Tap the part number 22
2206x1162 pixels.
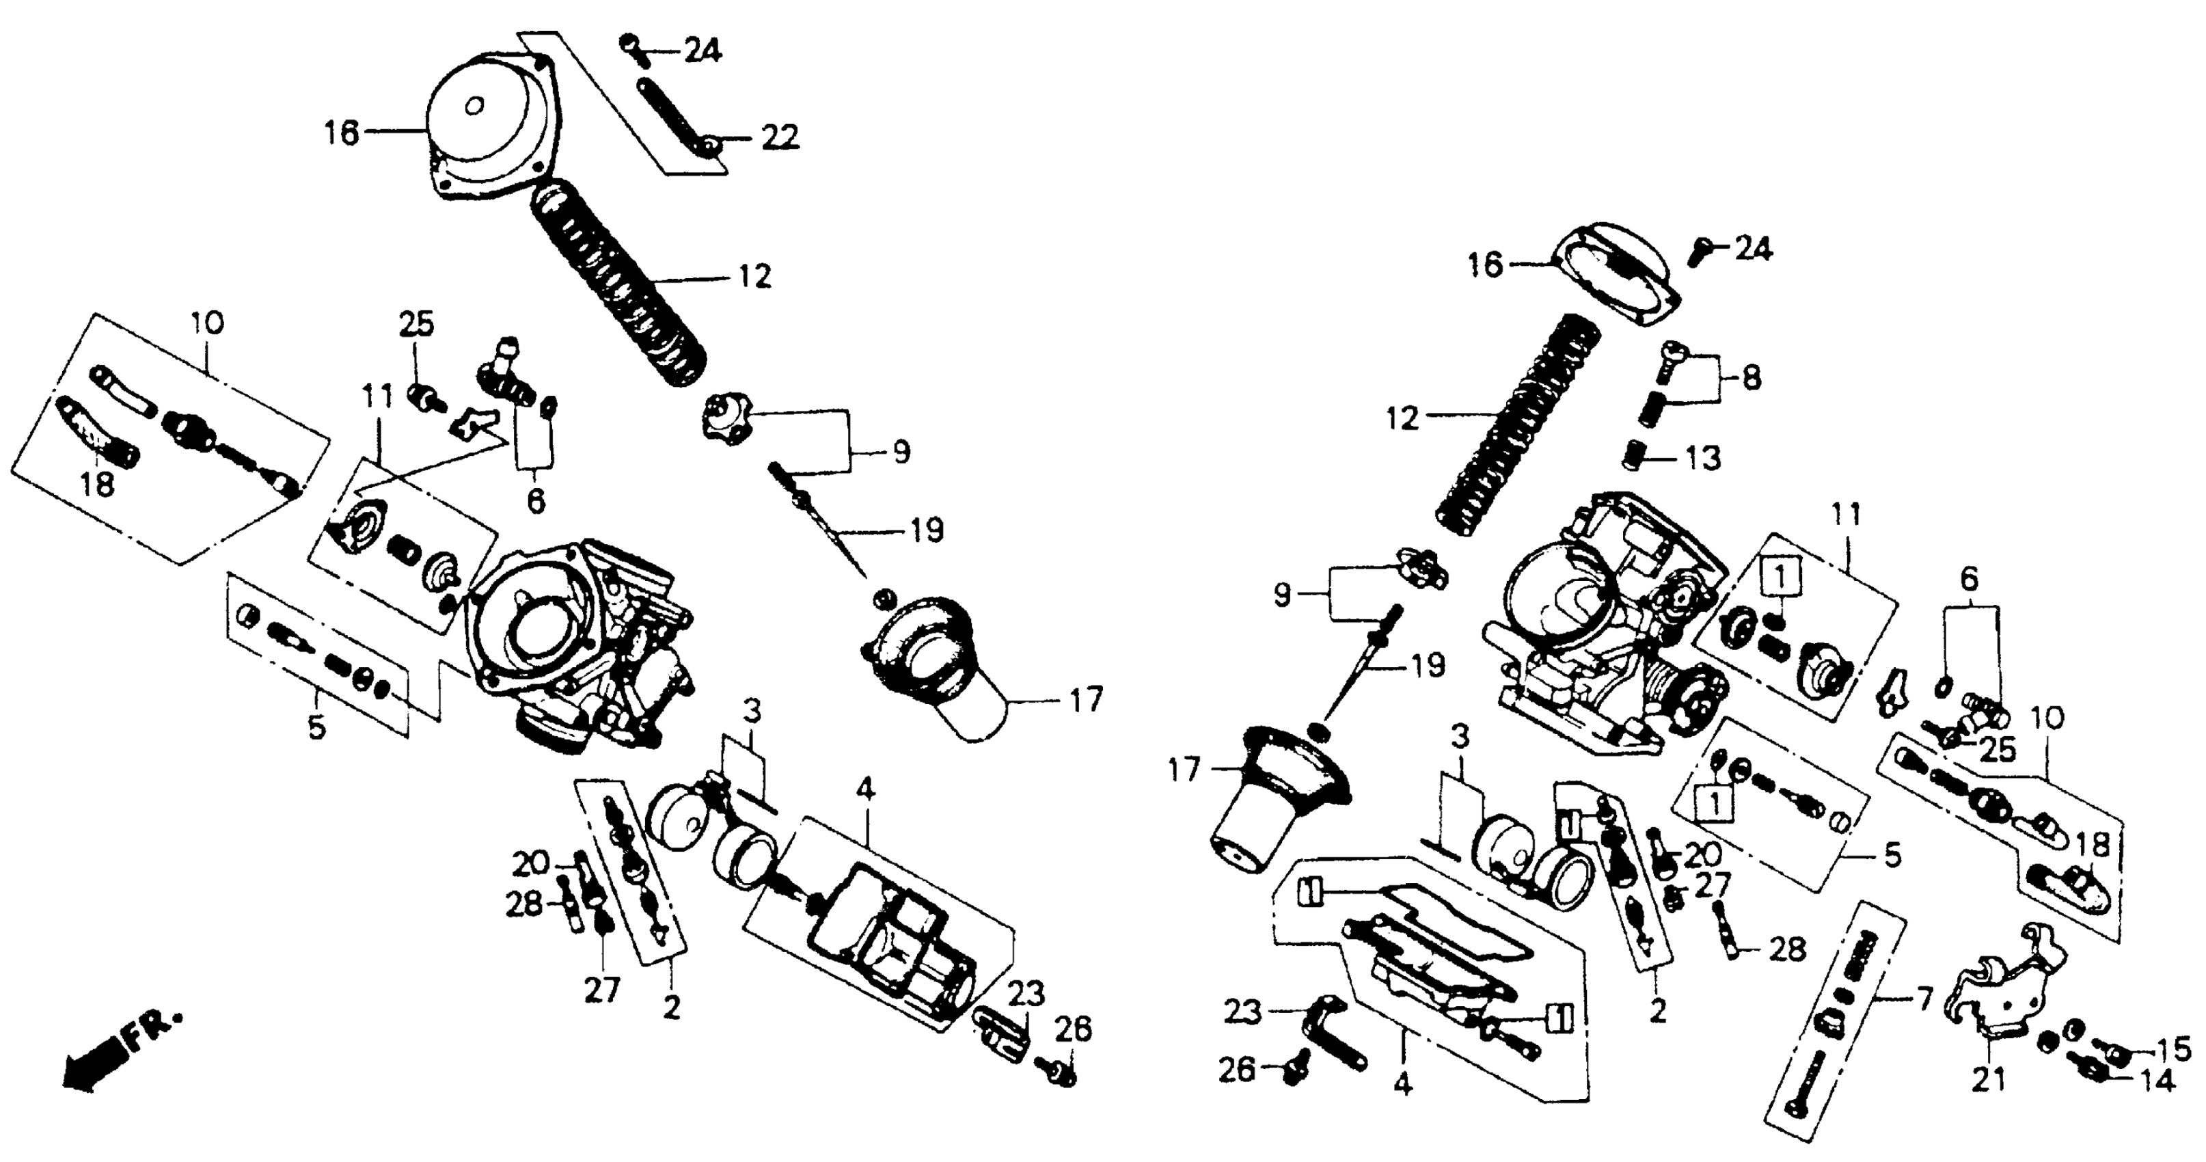click(x=778, y=137)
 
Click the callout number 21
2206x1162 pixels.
click(x=1989, y=1081)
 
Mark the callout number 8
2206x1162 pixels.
click(x=1752, y=377)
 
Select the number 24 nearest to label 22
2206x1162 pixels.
click(x=703, y=51)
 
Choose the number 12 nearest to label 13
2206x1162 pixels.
click(x=1402, y=419)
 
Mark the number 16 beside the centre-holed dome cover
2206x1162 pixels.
click(x=342, y=133)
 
